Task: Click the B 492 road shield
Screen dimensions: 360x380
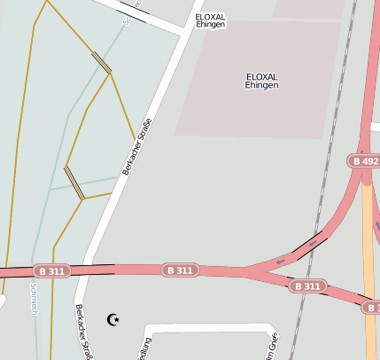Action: [364, 161]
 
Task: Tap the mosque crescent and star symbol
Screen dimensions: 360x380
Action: [112, 319]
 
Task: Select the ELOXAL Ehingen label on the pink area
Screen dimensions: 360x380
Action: [262, 81]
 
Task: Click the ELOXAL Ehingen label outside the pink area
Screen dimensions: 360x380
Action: [211, 20]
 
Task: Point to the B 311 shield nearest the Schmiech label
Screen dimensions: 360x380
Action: [51, 270]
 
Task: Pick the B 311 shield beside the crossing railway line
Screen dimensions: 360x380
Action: [307, 286]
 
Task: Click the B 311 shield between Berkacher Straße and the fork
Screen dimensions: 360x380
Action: [179, 270]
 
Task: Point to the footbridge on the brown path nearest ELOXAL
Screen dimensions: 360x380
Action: [102, 62]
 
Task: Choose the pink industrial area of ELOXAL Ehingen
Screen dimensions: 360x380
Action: [266, 106]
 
